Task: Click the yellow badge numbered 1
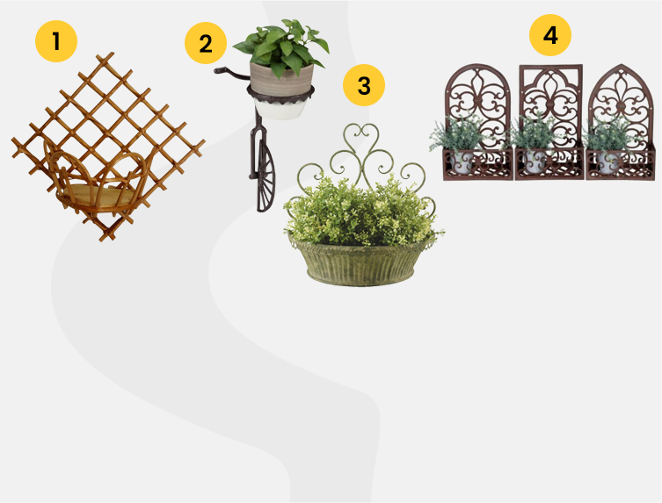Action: click(x=56, y=41)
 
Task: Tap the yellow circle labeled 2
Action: click(x=206, y=43)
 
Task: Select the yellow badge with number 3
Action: click(x=364, y=85)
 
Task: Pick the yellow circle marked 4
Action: click(x=550, y=35)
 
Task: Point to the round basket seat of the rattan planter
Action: click(x=98, y=195)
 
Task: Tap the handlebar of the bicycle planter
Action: click(x=231, y=73)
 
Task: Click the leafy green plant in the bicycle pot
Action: click(x=281, y=47)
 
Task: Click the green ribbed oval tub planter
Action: click(x=360, y=262)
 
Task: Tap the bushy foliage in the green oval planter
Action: click(x=362, y=211)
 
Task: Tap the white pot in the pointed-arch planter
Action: click(x=608, y=162)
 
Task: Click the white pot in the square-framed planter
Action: click(x=536, y=162)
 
